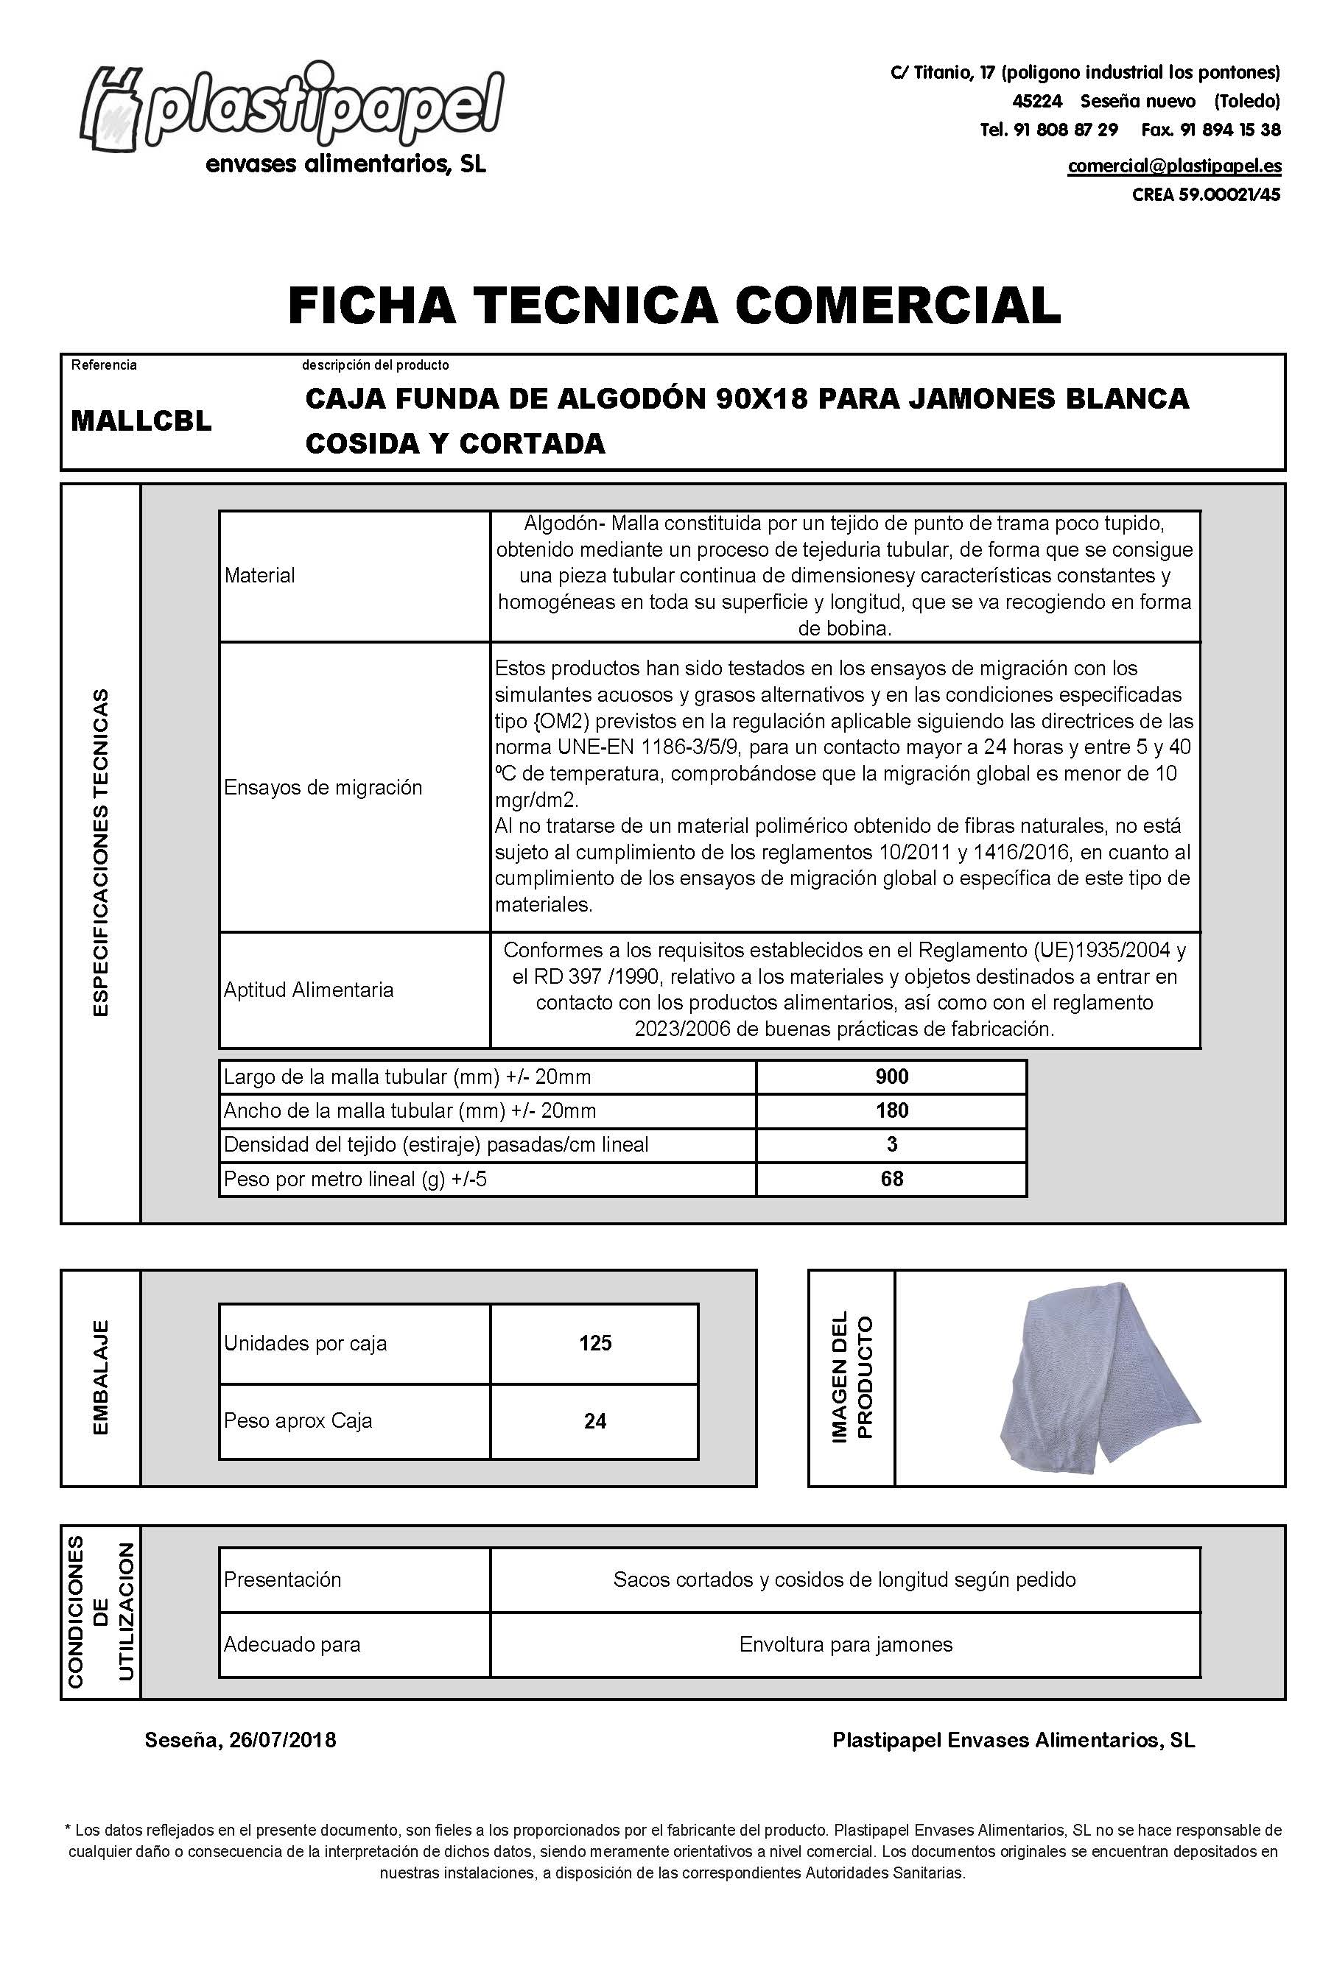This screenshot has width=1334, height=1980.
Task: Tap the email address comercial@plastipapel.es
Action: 1174,166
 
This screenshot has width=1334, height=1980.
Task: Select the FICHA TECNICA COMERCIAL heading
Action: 674,306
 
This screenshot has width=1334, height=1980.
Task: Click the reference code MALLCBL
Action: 141,421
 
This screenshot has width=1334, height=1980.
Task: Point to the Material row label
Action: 259,576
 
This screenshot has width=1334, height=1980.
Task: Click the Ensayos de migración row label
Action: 323,788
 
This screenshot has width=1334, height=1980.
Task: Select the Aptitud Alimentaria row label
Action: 308,990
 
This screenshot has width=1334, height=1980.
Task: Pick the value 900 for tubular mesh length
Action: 891,1077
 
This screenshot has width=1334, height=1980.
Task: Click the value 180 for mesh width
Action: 891,1111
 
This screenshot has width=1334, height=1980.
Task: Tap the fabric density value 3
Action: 891,1145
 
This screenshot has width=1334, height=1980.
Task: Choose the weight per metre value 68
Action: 891,1179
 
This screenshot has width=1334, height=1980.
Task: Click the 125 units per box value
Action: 594,1343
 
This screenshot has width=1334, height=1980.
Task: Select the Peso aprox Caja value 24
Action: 594,1420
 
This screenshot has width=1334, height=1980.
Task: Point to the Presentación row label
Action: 281,1579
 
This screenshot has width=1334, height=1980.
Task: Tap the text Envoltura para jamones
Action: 846,1644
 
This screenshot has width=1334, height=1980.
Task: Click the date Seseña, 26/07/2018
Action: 241,1740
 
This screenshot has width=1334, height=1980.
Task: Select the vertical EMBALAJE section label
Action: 100,1378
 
